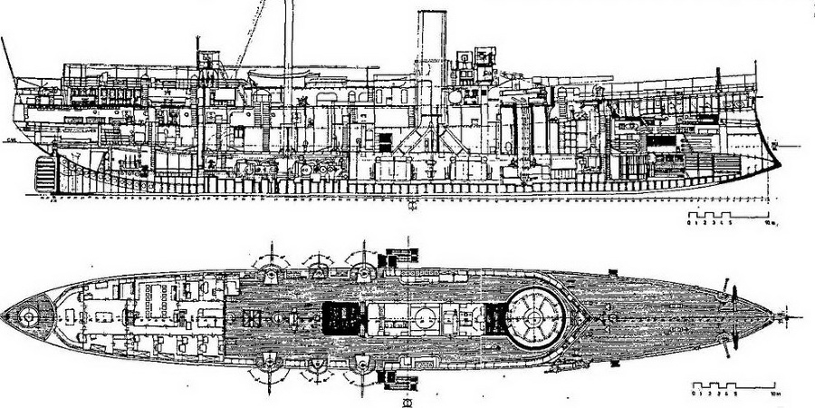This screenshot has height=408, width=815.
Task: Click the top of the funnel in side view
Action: click(429, 15)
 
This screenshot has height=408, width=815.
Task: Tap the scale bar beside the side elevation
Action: click(720, 217)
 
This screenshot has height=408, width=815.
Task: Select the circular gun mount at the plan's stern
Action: click(28, 316)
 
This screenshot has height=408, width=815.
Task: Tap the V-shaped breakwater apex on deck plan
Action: click(593, 318)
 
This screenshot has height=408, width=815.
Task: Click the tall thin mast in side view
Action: click(289, 45)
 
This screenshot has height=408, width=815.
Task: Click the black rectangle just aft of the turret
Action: click(494, 317)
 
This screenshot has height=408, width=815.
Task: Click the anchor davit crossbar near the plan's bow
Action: click(733, 312)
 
